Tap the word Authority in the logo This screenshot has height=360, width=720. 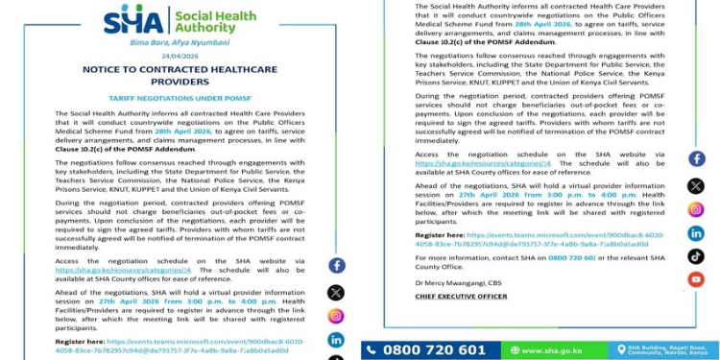(x=202, y=28)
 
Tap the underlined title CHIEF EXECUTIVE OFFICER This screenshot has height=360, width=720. (x=461, y=297)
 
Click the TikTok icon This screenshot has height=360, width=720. (x=696, y=256)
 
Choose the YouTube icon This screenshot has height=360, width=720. (x=696, y=279)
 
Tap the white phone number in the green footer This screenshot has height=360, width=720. (x=435, y=350)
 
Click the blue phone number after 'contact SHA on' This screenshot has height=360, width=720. (x=574, y=258)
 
